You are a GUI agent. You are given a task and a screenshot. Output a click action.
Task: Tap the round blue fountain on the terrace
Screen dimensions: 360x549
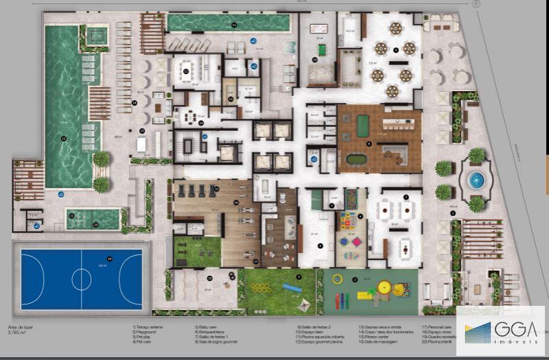476,180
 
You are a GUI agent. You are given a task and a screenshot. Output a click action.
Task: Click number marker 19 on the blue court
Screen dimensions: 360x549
109,259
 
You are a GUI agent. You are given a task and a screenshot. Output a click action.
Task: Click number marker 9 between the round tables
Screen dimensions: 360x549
396,50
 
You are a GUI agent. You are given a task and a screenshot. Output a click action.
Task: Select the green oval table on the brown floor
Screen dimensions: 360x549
356,158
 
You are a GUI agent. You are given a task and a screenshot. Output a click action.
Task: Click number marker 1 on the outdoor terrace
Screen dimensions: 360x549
452,213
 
